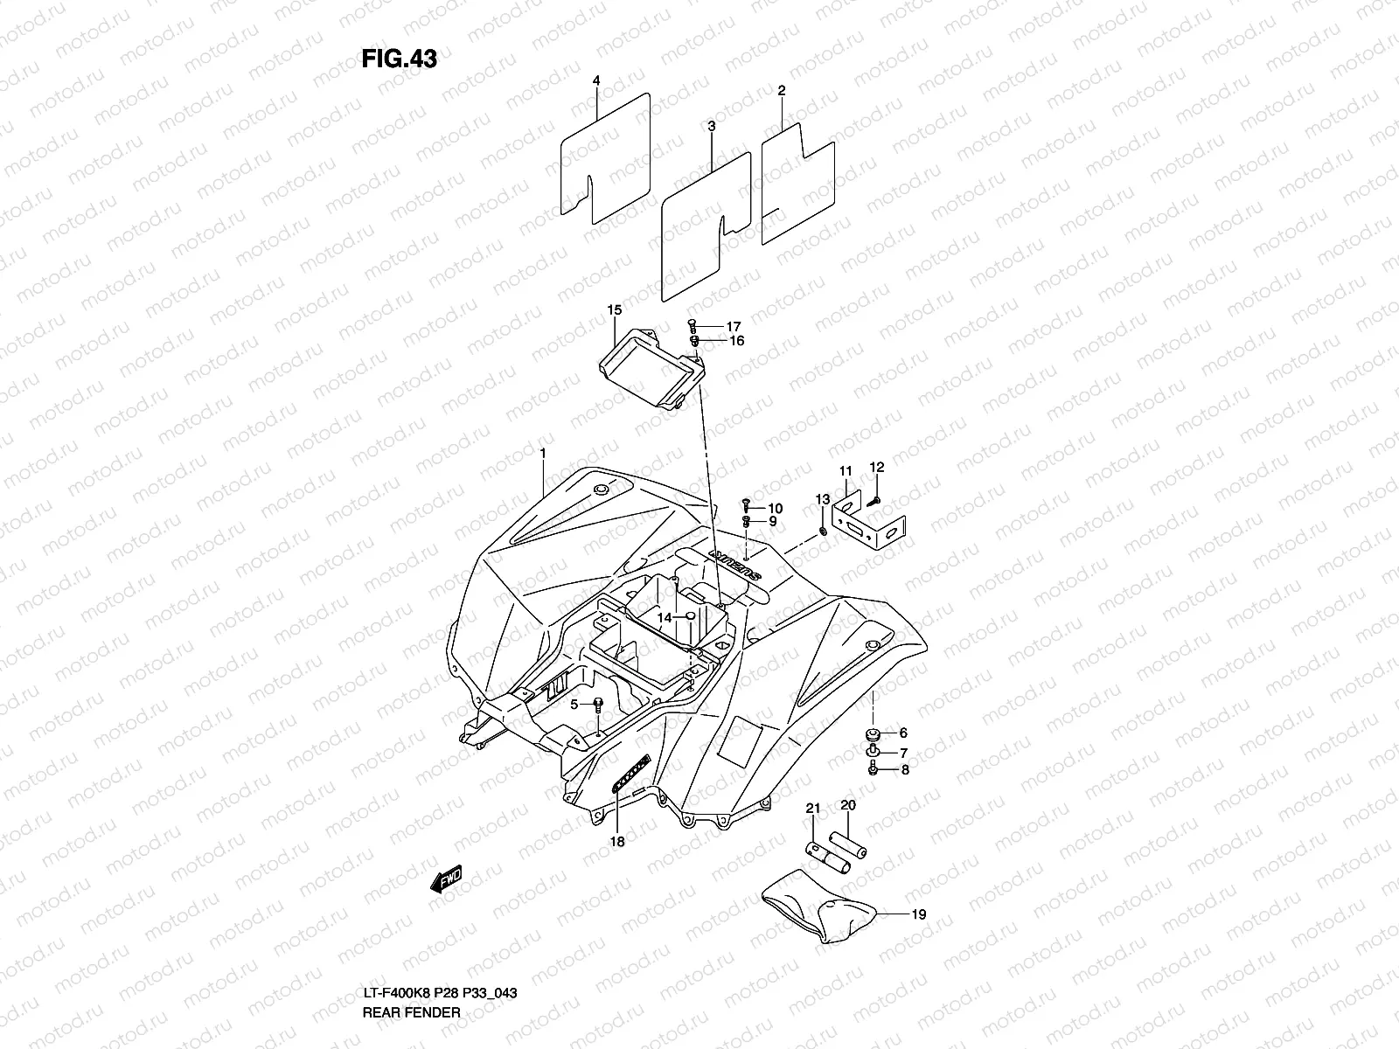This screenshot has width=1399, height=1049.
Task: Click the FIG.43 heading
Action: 399,59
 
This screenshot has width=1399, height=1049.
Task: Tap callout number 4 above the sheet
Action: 596,80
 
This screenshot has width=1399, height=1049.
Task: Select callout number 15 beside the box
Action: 614,310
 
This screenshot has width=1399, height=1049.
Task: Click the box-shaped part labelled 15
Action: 651,372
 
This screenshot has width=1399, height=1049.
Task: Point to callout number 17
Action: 733,326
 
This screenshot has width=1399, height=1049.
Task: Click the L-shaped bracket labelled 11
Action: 870,523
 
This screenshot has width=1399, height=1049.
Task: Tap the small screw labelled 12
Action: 875,500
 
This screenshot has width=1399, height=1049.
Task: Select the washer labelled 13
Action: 824,531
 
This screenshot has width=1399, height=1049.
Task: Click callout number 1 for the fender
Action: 543,453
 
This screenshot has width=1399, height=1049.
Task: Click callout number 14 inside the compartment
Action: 665,617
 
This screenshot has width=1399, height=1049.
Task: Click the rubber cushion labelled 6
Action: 872,733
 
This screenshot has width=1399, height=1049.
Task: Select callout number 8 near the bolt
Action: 904,770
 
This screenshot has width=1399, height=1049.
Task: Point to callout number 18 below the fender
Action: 617,842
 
